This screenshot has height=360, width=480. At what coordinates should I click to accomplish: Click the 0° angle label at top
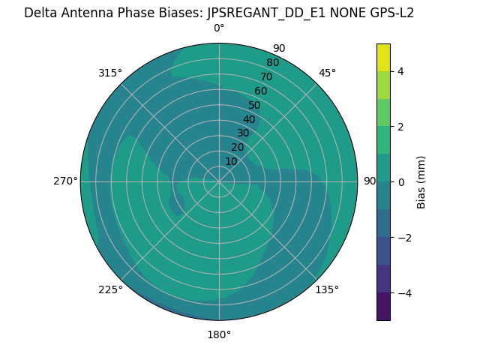[219, 28]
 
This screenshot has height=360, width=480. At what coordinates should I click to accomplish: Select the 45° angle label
[327, 73]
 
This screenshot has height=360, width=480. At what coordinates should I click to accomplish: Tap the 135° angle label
[327, 289]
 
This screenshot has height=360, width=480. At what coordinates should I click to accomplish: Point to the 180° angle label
[219, 334]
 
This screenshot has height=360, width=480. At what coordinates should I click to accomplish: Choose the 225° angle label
[110, 289]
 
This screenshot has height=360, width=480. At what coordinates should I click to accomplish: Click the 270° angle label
[65, 181]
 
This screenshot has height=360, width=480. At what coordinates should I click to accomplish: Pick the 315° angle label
[110, 73]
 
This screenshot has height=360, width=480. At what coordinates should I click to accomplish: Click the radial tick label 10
[232, 161]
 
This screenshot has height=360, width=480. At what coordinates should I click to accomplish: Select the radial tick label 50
[254, 106]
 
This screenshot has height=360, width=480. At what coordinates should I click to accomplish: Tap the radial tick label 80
[272, 63]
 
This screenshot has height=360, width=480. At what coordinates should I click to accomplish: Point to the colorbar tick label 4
[401, 71]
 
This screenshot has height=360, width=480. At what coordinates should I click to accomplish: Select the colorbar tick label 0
[401, 182]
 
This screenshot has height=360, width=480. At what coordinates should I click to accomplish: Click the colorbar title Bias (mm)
[421, 182]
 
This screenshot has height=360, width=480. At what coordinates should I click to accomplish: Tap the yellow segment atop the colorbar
[383, 57]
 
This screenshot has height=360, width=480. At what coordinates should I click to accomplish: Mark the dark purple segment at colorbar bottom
[383, 307]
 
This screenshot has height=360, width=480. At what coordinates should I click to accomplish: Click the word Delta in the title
[40, 13]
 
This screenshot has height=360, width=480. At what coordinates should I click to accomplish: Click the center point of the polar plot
[219, 181]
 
